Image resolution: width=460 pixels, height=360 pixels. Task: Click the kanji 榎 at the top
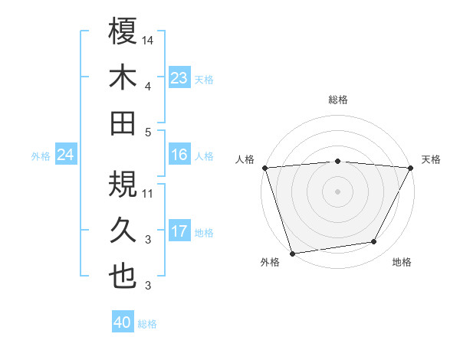click(x=123, y=33)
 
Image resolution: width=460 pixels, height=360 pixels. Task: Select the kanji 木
click(x=123, y=78)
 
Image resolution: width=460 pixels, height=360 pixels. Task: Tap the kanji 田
click(x=123, y=123)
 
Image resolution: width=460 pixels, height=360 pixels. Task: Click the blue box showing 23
click(x=179, y=78)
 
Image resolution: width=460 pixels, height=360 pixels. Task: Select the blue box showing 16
click(x=179, y=155)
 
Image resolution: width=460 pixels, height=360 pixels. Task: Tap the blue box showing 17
click(x=179, y=231)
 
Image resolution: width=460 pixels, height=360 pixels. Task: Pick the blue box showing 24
click(x=65, y=155)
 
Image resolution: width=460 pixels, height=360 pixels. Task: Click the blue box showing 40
click(x=122, y=322)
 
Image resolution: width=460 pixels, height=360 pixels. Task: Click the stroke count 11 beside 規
click(x=149, y=193)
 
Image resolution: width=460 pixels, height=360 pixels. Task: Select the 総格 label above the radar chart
click(x=338, y=100)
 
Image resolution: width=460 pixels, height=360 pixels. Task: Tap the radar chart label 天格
click(x=431, y=159)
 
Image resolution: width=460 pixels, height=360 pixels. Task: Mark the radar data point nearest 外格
click(x=292, y=253)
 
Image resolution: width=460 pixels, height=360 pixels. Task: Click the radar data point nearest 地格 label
click(x=374, y=242)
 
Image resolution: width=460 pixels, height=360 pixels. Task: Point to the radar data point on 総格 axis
click(x=338, y=161)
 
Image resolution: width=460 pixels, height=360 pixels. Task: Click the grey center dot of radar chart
click(x=338, y=191)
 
